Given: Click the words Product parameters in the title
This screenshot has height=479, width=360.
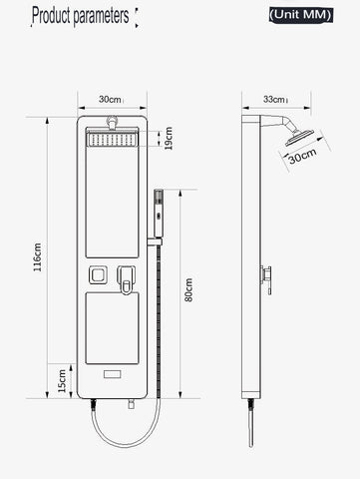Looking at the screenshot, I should pyautogui.click(x=81, y=16).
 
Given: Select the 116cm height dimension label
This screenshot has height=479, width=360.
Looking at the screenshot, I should pyautogui.click(x=38, y=256).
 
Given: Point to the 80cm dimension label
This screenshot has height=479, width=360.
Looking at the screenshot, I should pyautogui.click(x=189, y=290).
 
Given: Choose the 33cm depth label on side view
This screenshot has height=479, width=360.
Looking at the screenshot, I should pyautogui.click(x=273, y=99).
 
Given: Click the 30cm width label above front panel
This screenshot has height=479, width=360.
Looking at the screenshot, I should pyautogui.click(x=111, y=99).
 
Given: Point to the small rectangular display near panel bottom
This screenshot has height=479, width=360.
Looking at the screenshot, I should pyautogui.click(x=112, y=376).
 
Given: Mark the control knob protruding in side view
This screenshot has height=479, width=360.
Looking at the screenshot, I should pyautogui.click(x=266, y=273).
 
